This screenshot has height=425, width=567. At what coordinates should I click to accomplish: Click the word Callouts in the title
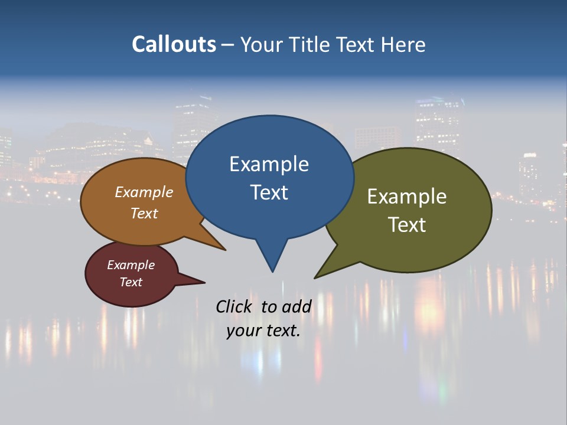coord(174,45)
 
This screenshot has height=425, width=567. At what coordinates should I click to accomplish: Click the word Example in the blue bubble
coord(269,164)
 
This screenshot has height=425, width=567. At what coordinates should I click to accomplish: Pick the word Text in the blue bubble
coord(269,192)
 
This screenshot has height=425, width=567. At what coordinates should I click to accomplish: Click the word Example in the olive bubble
coord(406,197)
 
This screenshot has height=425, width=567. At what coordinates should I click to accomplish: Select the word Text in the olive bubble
coord(406,225)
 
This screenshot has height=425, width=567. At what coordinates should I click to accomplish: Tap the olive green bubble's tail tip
coord(316,277)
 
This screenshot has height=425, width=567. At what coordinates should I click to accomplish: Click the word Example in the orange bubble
coord(144,192)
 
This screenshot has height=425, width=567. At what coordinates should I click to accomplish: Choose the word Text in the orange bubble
coord(144,213)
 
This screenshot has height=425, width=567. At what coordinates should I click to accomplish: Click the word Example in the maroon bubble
coord(131,265)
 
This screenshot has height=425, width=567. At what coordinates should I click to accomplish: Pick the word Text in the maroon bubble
coord(131,282)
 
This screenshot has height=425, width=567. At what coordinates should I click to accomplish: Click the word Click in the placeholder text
coord(235,306)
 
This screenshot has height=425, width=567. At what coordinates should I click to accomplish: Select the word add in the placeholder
coord(296,306)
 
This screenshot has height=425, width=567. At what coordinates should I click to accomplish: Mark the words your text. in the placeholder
coord(263,331)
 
